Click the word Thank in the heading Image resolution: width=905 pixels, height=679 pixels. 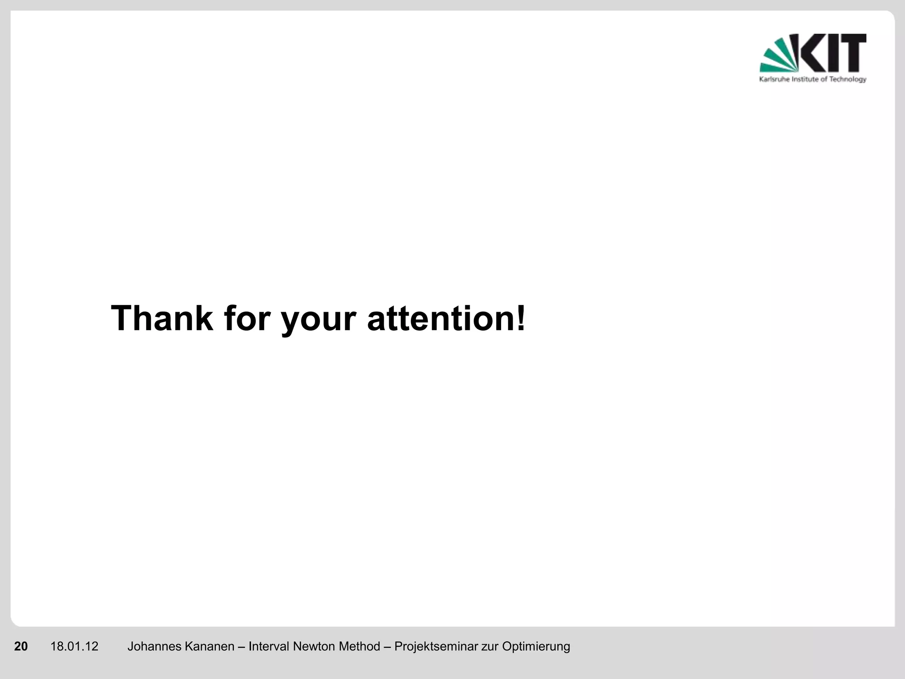pos(162,318)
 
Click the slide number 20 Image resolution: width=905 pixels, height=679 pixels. pos(21,646)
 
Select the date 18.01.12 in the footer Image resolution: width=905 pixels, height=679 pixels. pos(74,646)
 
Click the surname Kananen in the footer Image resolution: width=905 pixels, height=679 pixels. pos(209,646)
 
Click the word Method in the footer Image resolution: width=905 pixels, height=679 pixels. pos(359,646)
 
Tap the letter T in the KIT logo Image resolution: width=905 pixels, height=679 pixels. pos(851,53)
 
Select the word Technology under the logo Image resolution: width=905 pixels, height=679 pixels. pos(848,80)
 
